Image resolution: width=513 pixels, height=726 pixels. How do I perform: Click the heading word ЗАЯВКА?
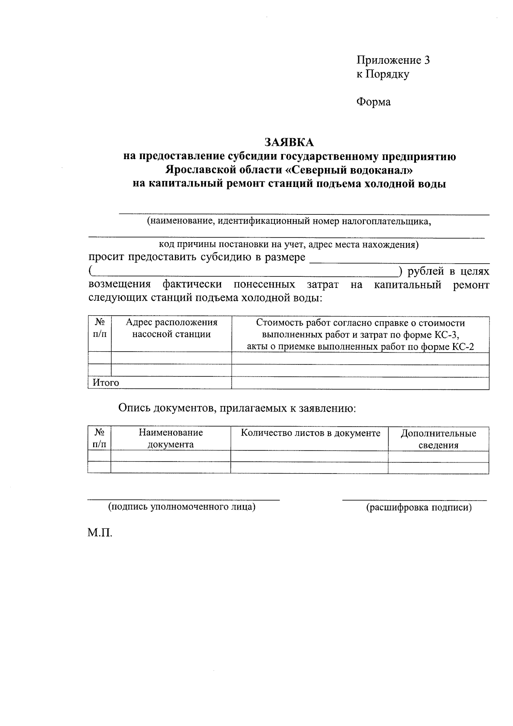[x=289, y=142]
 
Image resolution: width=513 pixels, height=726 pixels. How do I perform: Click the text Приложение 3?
[x=393, y=60]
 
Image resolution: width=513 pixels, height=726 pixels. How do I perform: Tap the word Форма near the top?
[x=373, y=102]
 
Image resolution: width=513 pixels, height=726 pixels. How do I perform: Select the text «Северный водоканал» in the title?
[x=350, y=170]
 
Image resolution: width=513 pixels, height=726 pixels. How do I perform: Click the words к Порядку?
[x=383, y=74]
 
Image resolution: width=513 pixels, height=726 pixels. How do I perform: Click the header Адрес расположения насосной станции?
[x=171, y=328]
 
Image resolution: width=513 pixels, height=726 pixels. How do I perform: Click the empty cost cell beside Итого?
[x=360, y=383]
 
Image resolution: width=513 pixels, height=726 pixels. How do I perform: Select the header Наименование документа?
[x=171, y=439]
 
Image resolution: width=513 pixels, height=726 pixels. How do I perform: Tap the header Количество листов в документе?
[x=310, y=433]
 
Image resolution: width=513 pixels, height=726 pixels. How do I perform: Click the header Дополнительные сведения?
[x=438, y=439]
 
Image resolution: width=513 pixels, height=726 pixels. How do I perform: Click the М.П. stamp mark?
[x=100, y=533]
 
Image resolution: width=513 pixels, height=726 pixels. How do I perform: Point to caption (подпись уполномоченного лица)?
[x=182, y=507]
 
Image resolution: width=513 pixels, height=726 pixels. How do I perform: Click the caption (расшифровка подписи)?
[x=419, y=508]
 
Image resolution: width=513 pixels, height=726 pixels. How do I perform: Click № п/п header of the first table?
[x=99, y=328]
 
